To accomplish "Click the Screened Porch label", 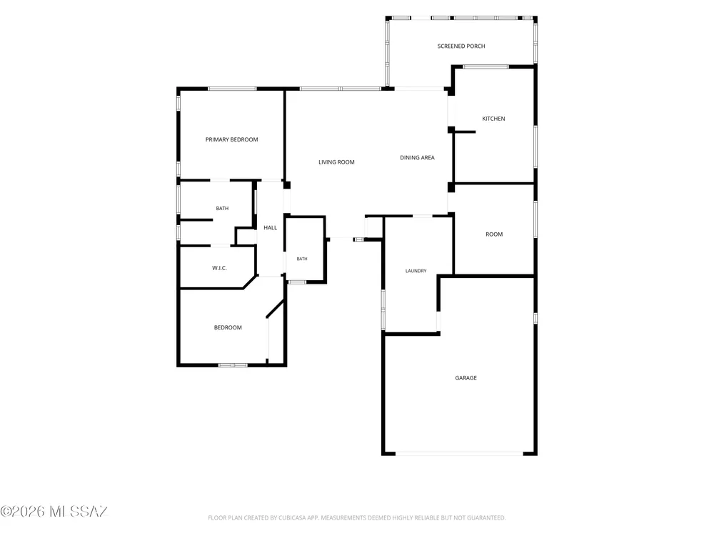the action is coord(461,46).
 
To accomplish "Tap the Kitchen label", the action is coord(493,119).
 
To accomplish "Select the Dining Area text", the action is coord(417,158).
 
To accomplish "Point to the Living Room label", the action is coord(336,162).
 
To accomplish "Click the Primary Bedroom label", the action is coord(232,139).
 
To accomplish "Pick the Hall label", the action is coord(271,228).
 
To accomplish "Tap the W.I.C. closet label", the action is coord(219,268).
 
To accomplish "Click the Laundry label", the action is coord(416,271).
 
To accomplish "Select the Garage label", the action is coord(466,378).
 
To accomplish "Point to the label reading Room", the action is coord(494,234).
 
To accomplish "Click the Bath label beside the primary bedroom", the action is coord(222,208).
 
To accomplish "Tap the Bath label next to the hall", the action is coord(302,259).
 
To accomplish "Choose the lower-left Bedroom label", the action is coord(228,328).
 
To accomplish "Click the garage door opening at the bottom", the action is coord(459,454).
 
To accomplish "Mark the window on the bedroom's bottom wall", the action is coord(233,365).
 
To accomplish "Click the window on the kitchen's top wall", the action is coord(486,66).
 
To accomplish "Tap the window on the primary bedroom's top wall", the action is coord(232,89).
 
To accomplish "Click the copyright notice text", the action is coord(54,512).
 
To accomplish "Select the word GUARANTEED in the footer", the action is coord(486,517).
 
